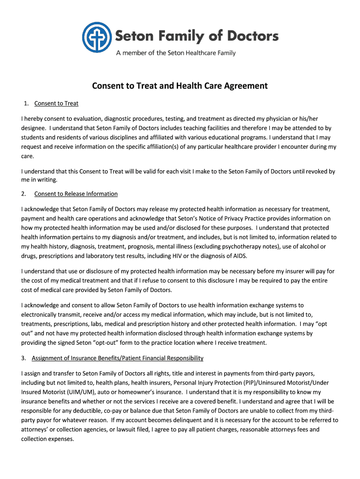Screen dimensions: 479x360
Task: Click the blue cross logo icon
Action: pyautogui.click(x=97, y=37)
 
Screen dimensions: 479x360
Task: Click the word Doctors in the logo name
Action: pyautogui.click(x=247, y=36)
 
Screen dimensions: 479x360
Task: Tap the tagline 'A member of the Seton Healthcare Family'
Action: pyautogui.click(x=176, y=53)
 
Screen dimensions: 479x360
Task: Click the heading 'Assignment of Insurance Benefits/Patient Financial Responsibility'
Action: pyautogui.click(x=117, y=358)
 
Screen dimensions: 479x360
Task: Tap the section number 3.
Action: pyautogui.click(x=24, y=358)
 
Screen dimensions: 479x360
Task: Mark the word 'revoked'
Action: pyautogui.click(x=314, y=171)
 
